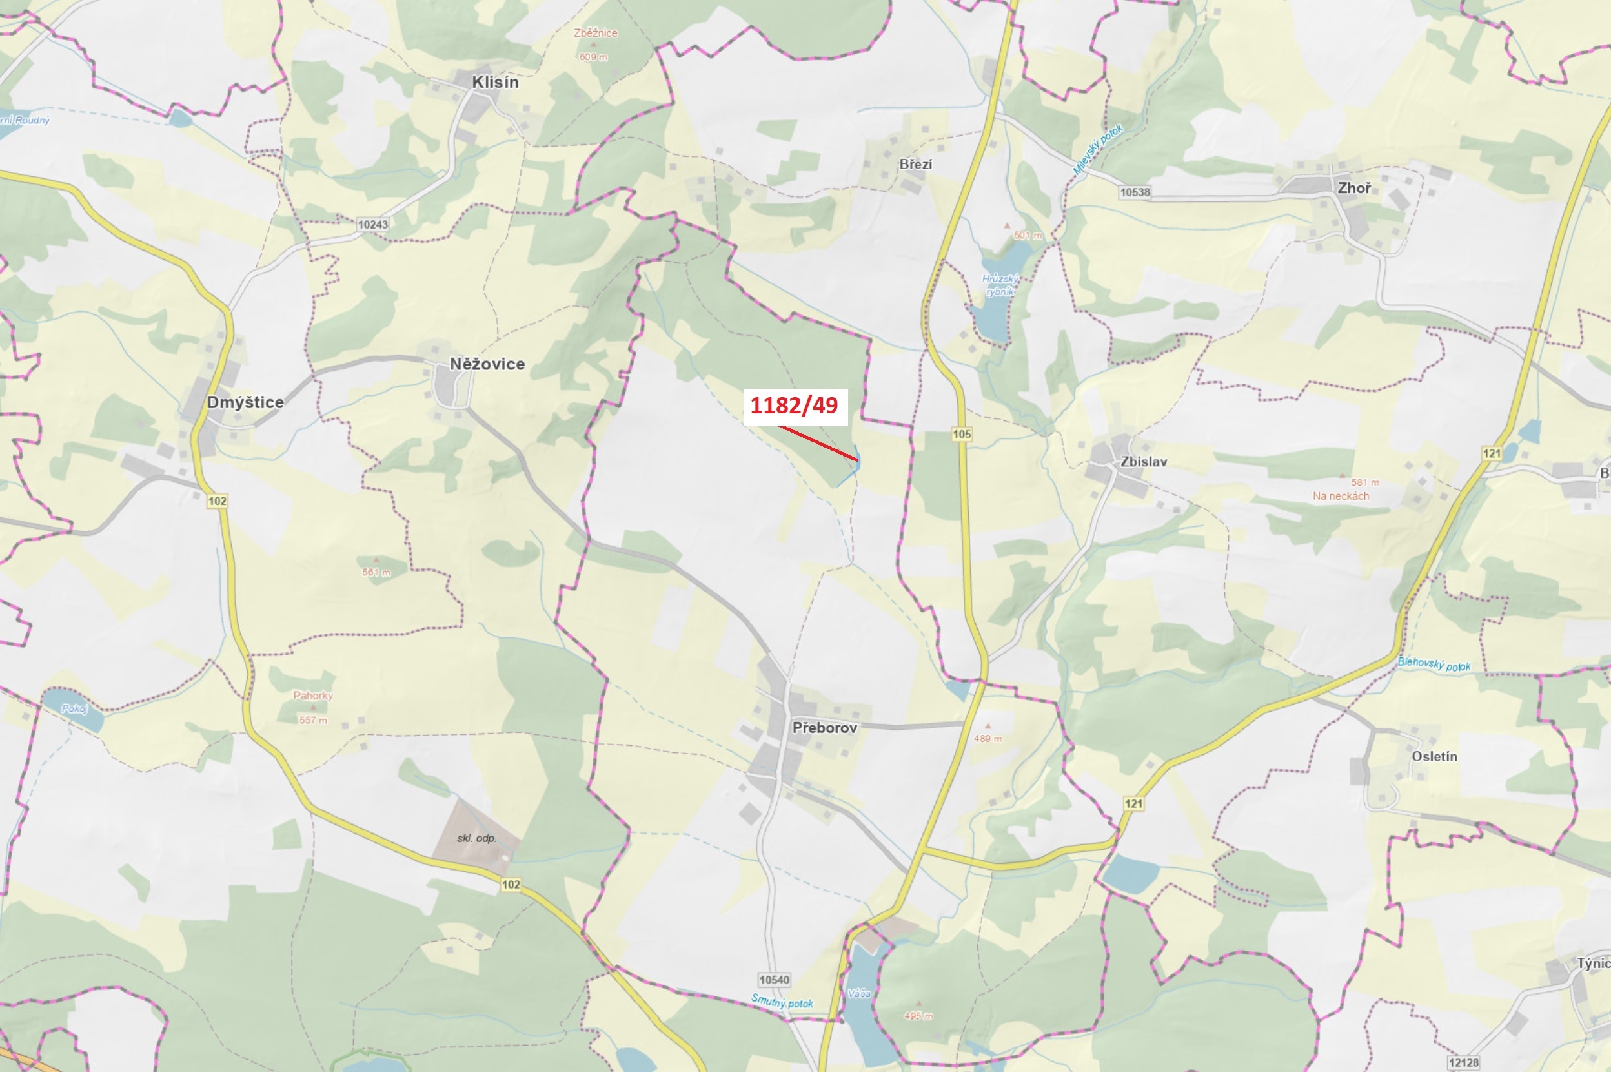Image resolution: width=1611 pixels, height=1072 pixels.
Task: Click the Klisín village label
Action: [x=495, y=82]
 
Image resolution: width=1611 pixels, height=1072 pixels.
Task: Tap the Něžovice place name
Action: [x=487, y=364]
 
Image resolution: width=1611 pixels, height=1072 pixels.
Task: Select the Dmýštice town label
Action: [x=245, y=402]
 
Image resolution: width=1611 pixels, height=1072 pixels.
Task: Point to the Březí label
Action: [x=915, y=164]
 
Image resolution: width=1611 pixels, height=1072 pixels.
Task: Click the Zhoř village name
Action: [x=1354, y=188]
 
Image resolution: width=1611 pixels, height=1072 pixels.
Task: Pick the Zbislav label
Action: [x=1144, y=462]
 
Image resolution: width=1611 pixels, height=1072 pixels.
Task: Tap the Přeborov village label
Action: [x=825, y=727]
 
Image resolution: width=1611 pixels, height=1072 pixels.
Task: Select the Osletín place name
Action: [x=1434, y=756]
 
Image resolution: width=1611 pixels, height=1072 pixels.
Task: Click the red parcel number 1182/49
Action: [x=794, y=406]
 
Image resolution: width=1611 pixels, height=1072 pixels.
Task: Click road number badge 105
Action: [x=961, y=434]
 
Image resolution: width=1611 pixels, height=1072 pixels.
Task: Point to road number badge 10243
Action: [x=373, y=224]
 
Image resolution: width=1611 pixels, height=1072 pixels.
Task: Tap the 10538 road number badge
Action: [x=1135, y=192]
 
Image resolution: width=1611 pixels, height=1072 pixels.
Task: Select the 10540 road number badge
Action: [x=774, y=980]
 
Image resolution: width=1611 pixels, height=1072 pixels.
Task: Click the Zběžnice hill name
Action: [x=595, y=33]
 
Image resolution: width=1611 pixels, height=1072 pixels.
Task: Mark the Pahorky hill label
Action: [x=313, y=696]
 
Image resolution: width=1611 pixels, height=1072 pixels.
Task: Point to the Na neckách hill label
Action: [x=1341, y=496]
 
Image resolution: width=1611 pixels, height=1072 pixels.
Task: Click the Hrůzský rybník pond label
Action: [x=1000, y=285]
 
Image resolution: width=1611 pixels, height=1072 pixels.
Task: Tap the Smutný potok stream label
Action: [x=782, y=1002]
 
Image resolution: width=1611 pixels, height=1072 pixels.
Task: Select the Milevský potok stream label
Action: [x=1097, y=149]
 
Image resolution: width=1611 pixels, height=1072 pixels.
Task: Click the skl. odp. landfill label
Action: [x=477, y=838]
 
